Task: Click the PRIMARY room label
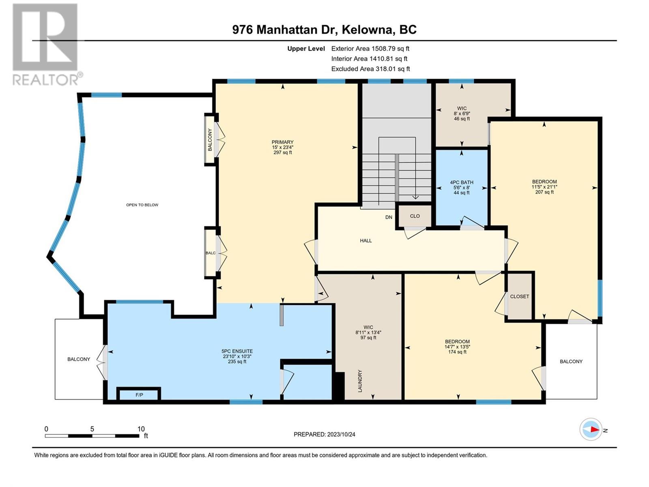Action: [282, 142]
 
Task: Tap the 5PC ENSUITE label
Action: [237, 351]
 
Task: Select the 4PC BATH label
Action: [462, 183]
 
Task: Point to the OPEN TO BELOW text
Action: [142, 205]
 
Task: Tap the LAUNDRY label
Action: [360, 381]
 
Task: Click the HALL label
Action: [366, 241]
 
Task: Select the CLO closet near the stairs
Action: [415, 216]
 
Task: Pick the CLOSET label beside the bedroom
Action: [520, 296]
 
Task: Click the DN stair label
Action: [389, 217]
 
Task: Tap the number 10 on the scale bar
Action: [141, 429]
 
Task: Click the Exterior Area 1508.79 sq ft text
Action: [370, 48]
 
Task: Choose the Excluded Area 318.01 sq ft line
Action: [370, 69]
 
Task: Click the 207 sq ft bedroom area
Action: [544, 192]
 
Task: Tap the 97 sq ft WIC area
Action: [368, 337]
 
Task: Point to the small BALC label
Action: [211, 253]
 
